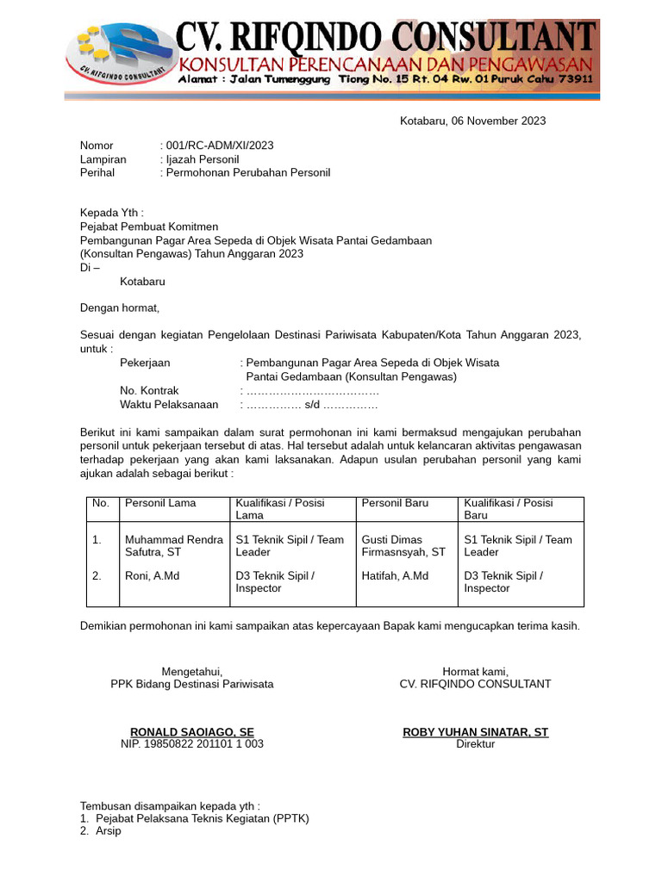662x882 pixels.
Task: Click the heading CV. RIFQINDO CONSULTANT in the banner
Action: coord(385,37)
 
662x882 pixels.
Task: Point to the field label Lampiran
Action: coord(103,159)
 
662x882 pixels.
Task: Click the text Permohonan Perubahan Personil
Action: coord(248,172)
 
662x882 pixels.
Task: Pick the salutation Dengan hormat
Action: coord(120,307)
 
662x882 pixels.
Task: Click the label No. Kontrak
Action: coord(149,390)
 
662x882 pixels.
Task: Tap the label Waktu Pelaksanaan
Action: coord(169,404)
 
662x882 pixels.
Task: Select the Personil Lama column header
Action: coord(160,503)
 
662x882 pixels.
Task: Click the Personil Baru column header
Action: coord(395,503)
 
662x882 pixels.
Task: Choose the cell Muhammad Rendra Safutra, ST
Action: coord(173,546)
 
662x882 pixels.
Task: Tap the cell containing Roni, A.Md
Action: coord(152,575)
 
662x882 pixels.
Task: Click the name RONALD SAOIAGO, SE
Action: coord(191,732)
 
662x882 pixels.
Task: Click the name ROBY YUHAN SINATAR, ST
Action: coord(475,732)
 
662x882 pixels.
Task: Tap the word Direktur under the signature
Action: coord(475,744)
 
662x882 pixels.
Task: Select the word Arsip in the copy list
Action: coord(108,831)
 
